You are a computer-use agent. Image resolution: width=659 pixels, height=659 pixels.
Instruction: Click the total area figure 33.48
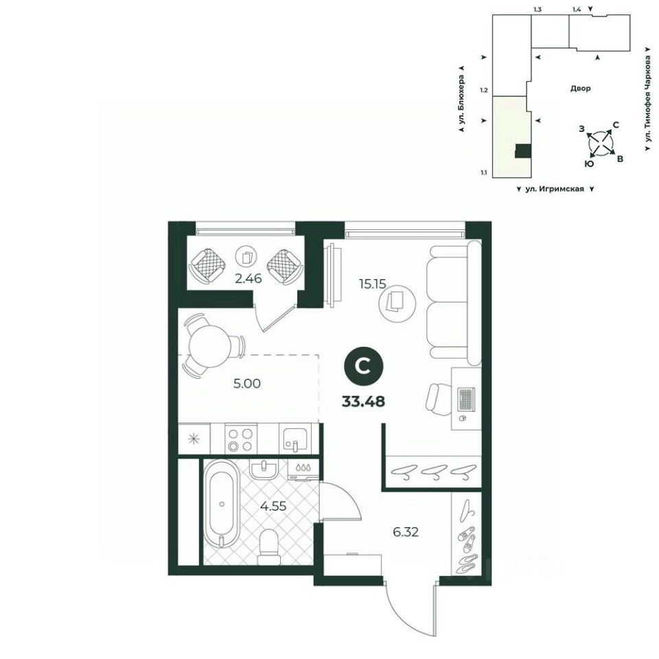[x=364, y=402]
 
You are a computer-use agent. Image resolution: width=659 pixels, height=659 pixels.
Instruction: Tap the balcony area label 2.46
[x=248, y=278]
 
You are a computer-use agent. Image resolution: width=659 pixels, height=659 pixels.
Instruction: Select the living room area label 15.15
[x=372, y=284]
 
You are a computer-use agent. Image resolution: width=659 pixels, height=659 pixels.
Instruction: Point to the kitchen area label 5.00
[x=247, y=383]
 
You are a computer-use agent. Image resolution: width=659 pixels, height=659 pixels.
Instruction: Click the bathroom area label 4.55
[x=273, y=506]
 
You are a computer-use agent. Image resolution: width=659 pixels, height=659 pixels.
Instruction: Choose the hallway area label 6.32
[x=406, y=532]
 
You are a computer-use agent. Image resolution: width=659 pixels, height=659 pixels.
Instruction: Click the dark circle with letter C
[x=364, y=367]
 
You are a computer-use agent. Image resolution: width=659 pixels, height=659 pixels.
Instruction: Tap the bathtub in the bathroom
[x=222, y=503]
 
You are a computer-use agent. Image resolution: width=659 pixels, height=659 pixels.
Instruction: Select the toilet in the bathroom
[x=268, y=546]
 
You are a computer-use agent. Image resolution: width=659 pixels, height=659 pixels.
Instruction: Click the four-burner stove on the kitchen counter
[x=241, y=439]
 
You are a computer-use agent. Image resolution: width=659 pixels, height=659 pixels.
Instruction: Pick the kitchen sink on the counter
[x=295, y=439]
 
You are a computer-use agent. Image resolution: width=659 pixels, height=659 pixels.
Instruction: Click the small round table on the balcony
[x=246, y=255]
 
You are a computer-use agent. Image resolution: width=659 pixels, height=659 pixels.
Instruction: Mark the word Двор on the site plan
[x=581, y=89]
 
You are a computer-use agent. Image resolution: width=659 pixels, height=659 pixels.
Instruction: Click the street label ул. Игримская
[x=555, y=189]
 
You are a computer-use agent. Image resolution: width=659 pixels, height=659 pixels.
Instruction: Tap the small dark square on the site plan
[x=523, y=151]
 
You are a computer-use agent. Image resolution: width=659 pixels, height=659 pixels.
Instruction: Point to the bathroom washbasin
[x=264, y=469]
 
